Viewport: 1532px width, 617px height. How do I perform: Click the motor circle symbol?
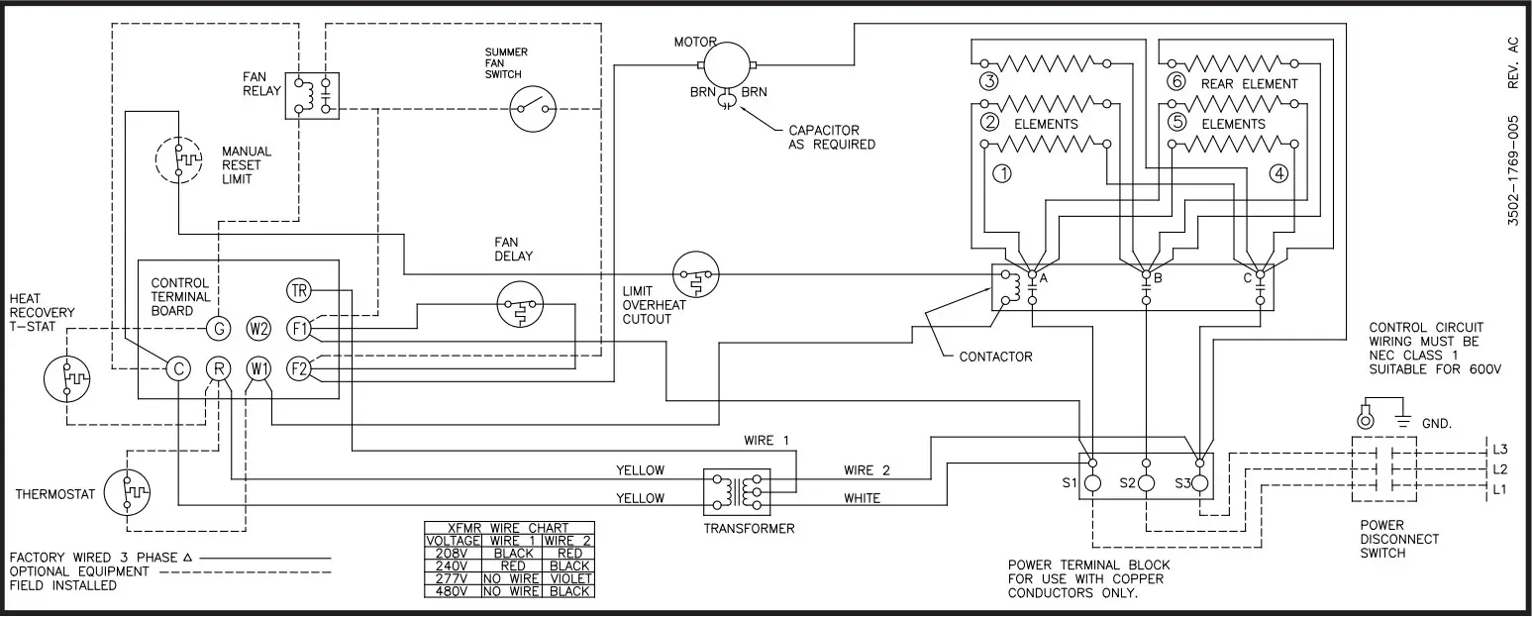coord(728,64)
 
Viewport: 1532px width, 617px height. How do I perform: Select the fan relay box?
coord(312,96)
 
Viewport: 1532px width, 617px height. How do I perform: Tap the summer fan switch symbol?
coord(533,107)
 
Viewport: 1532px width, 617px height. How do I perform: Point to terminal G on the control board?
coord(218,328)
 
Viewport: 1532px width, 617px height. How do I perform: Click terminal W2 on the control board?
coord(259,328)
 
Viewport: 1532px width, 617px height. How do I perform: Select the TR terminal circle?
coord(298,290)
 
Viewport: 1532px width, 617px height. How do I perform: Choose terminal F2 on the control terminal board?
coord(298,369)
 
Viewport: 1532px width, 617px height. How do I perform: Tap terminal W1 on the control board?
coord(259,369)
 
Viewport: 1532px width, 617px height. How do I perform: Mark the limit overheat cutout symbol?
coord(696,276)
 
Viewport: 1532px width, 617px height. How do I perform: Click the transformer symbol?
coord(734,490)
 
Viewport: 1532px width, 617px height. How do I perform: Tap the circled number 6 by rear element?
coord(1175,83)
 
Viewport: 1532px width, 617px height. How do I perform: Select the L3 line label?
coord(1499,449)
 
